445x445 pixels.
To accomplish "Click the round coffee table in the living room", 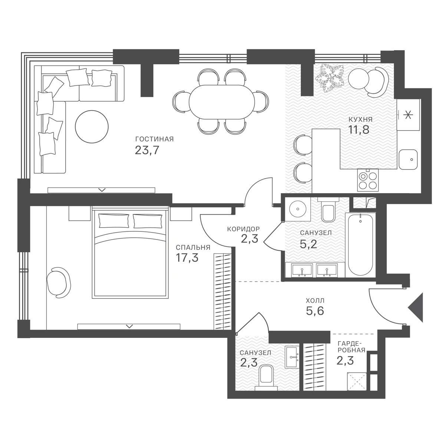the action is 92,126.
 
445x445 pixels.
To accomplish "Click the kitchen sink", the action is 408,159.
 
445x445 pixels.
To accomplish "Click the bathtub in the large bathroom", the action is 360,244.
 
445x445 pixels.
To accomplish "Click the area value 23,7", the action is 147,150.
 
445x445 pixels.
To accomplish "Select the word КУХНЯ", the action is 360,120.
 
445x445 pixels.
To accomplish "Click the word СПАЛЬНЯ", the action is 193,248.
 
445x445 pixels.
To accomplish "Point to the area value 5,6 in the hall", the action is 315,311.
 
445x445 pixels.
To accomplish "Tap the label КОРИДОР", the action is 243,229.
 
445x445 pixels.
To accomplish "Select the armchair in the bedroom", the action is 59,283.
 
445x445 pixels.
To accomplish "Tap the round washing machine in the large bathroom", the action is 298,209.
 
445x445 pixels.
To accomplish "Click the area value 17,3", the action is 187,257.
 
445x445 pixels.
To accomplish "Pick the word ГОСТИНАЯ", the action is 155,139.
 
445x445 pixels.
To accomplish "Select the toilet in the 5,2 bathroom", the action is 328,210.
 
